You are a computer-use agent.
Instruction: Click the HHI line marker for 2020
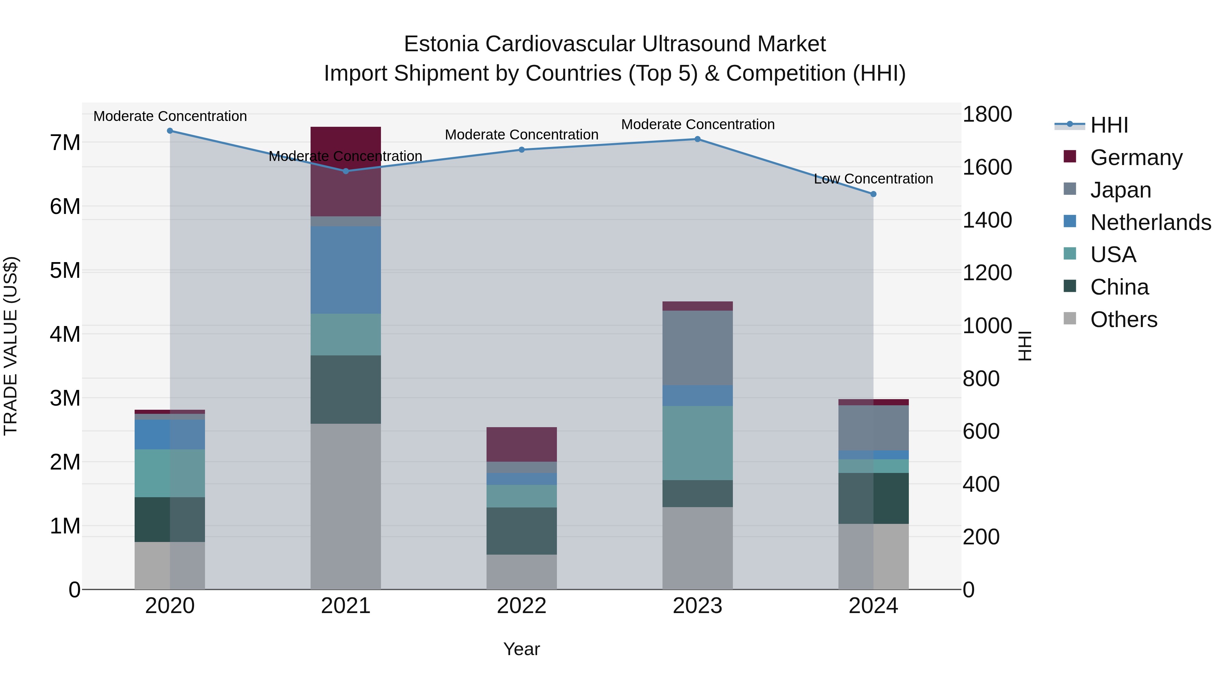(170, 131)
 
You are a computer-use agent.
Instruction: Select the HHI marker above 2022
(521, 150)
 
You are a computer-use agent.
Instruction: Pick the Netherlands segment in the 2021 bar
(346, 270)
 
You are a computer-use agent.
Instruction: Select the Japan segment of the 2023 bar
(697, 348)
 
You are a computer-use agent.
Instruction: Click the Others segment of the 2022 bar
(521, 572)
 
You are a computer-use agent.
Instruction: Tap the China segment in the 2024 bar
(873, 498)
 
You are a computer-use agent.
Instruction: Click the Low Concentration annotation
(873, 179)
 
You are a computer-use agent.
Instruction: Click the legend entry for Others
(1123, 320)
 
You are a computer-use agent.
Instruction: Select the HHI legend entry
(1109, 125)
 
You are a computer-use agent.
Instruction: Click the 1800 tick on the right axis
(986, 114)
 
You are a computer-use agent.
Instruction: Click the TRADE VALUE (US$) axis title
(11, 346)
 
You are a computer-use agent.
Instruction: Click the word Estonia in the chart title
(441, 44)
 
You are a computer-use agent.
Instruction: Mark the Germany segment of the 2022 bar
(521, 444)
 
